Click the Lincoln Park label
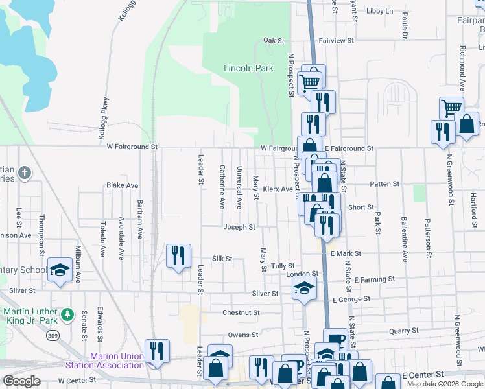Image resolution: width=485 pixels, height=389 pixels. (248, 68)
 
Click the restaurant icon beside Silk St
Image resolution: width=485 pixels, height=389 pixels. (178, 255)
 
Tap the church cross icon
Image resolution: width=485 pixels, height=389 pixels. (24, 173)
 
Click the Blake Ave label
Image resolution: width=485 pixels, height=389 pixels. (123, 185)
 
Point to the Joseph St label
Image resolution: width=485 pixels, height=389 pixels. (239, 227)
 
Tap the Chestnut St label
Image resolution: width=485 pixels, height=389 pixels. (241, 312)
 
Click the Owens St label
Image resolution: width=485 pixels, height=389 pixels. (243, 335)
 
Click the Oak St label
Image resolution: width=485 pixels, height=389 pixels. (274, 40)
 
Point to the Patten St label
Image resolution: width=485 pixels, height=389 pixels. (384, 184)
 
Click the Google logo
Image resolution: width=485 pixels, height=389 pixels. (21, 381)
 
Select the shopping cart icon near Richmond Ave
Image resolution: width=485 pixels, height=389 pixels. (451, 108)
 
